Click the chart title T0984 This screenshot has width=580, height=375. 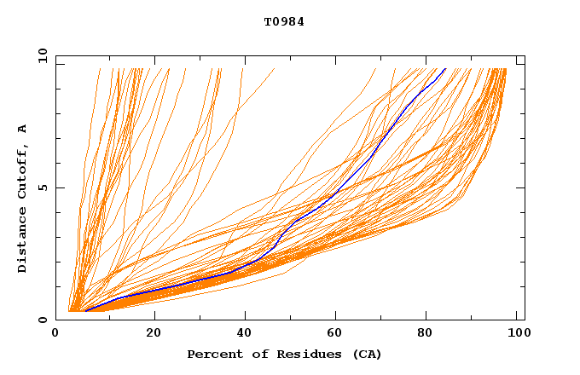[284, 22]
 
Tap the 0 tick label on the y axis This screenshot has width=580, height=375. [42, 320]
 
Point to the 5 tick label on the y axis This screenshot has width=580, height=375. [42, 187]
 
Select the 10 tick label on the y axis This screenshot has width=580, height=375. [42, 55]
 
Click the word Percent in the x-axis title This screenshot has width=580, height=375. [212, 354]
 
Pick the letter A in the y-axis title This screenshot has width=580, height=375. [22, 128]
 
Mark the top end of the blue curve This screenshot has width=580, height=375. [444, 69]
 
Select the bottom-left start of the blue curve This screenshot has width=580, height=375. [85, 311]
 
